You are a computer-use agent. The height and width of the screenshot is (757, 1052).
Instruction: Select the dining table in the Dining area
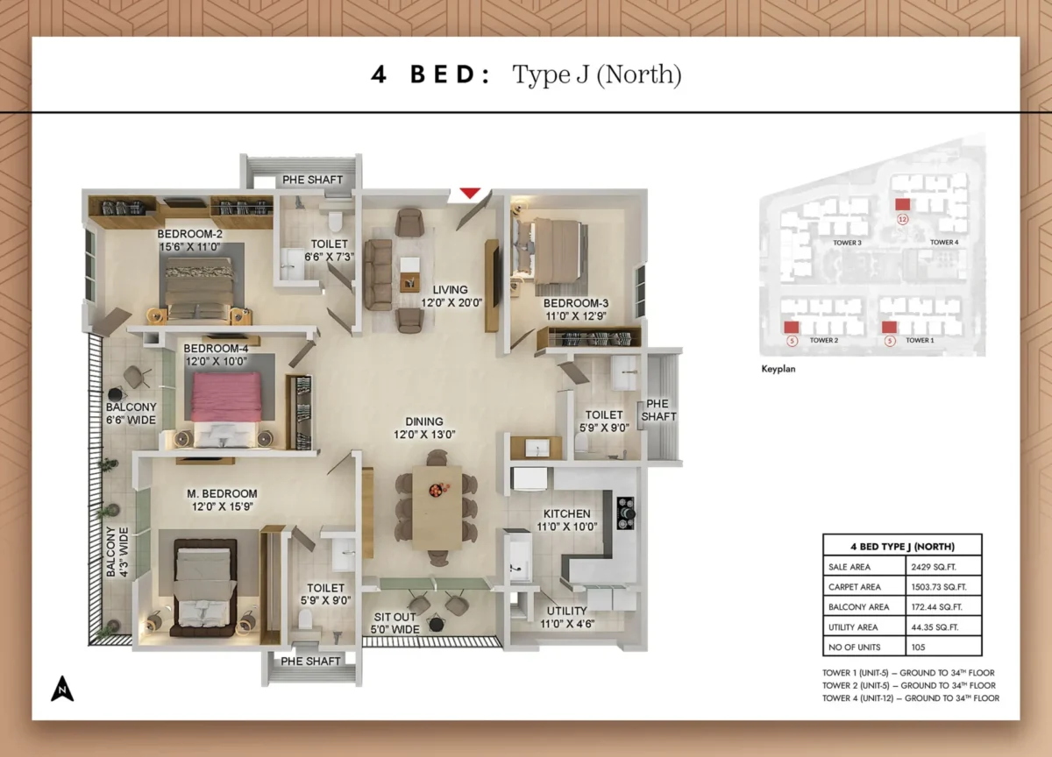pyautogui.click(x=437, y=506)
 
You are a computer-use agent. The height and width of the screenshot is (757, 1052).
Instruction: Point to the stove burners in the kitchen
pyautogui.click(x=626, y=513)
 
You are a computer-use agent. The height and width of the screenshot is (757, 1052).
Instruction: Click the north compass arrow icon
pyautogui.click(x=61, y=690)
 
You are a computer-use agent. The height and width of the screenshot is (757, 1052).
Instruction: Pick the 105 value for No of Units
pyautogui.click(x=918, y=647)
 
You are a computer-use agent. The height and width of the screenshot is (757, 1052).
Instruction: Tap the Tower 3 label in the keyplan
pyautogui.click(x=847, y=243)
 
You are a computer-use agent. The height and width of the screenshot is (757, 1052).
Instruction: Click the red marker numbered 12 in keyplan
pyautogui.click(x=902, y=204)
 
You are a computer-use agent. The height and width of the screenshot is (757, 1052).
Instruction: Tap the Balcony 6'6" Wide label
pyautogui.click(x=131, y=414)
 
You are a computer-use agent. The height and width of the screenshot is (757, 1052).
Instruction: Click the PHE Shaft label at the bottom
pyautogui.click(x=310, y=661)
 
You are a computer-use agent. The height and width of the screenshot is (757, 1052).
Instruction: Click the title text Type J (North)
pyautogui.click(x=596, y=74)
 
